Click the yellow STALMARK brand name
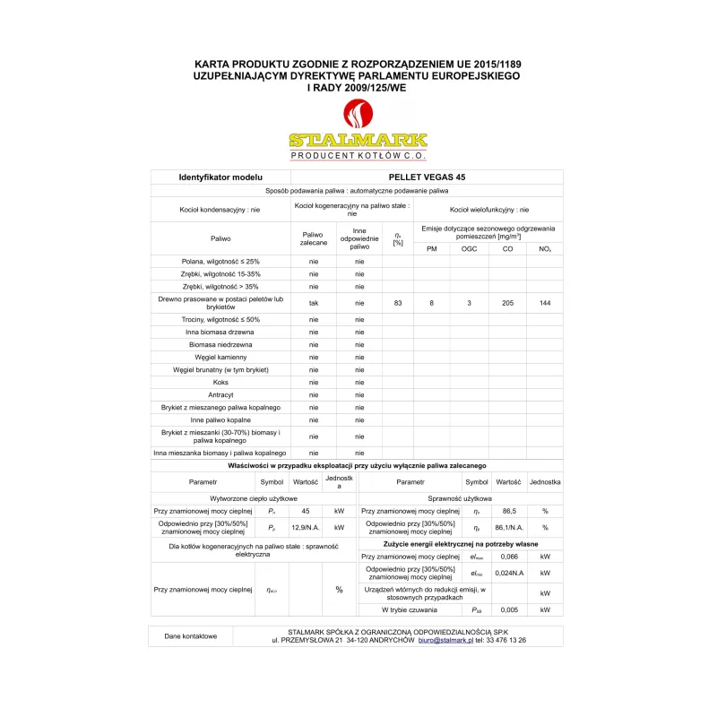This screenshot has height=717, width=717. [x=358, y=141]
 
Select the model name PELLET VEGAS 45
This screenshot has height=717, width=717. [x=427, y=177]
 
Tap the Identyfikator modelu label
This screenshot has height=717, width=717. [x=220, y=177]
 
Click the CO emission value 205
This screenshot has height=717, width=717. [x=507, y=304]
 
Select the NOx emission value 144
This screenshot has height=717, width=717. [x=545, y=304]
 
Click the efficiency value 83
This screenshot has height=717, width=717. [x=397, y=304]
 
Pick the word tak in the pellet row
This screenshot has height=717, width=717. [x=314, y=304]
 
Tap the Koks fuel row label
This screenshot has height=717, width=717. [x=220, y=382]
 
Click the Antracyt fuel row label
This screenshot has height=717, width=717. [x=220, y=394]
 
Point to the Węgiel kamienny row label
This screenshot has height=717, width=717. [x=220, y=357]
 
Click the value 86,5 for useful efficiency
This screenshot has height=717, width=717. [x=508, y=511]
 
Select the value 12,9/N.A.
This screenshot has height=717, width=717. [x=306, y=528]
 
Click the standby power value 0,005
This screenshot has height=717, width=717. [x=508, y=609]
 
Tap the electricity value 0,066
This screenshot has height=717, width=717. [x=508, y=557]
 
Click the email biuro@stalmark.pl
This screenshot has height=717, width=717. [x=445, y=641]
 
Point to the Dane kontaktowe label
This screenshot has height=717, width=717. [x=191, y=636]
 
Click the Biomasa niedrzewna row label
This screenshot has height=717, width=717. [x=220, y=344]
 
